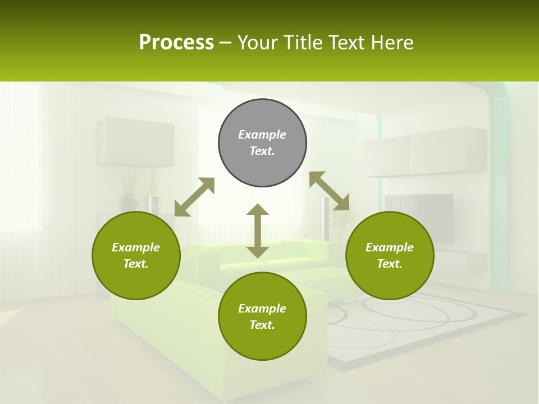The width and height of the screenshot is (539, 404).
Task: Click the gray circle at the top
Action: click(262, 143)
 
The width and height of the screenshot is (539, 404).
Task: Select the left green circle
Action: click(136, 255)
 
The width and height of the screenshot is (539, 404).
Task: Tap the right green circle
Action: click(390, 255)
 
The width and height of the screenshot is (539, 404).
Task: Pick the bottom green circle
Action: click(262, 316)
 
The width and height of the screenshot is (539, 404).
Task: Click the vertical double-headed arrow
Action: click(258, 231)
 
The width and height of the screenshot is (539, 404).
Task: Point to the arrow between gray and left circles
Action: click(194, 197)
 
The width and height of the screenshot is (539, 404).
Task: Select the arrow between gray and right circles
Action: click(329, 191)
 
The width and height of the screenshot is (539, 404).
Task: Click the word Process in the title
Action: click(176, 42)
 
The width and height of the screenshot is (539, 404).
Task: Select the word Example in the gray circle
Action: click(262, 135)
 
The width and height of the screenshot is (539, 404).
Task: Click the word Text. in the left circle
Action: click(136, 264)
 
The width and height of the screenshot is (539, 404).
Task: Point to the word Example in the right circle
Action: click(390, 247)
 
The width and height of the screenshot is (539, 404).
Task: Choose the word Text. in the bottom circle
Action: click(262, 325)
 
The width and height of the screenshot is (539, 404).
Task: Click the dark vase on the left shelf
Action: click(128, 202)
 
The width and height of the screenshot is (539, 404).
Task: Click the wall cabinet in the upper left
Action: click(135, 142)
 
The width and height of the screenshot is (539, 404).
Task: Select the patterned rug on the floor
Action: click(427, 323)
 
